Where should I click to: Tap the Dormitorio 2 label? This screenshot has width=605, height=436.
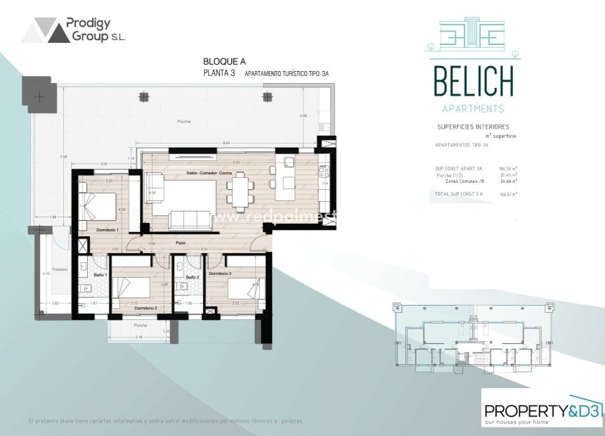145,309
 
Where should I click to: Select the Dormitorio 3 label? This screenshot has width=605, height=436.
219,274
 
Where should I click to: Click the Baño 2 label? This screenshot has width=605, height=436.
193,278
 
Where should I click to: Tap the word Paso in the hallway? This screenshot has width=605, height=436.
181,242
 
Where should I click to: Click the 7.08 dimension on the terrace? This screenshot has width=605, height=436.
63,156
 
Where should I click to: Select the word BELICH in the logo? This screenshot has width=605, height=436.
473,82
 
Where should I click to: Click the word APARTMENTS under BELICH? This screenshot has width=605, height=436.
473,108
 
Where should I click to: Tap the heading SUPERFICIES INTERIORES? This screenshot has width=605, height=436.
473,127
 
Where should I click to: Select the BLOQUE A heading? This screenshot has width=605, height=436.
224,62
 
